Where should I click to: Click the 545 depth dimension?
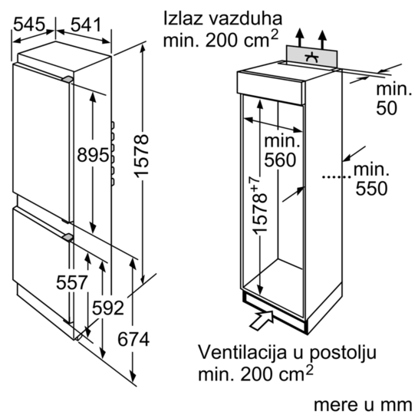tap(29, 25)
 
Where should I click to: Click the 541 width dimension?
tap(86, 25)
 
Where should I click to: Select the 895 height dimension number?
tap(93, 155)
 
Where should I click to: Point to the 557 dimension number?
tap(71, 282)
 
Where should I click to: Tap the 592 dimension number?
tap(108, 308)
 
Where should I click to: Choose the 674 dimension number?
tap(133, 339)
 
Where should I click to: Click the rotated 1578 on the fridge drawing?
tap(141, 156)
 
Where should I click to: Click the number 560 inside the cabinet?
tap(280, 160)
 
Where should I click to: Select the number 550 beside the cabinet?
tap(371, 189)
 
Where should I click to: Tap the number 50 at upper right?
tap(387, 108)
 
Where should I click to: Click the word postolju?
tap(343, 354)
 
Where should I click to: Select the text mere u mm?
tap(363, 405)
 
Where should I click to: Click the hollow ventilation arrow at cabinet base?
tap(262, 321)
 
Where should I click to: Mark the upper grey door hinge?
tap(67, 80)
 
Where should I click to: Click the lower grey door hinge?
tap(67, 237)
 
